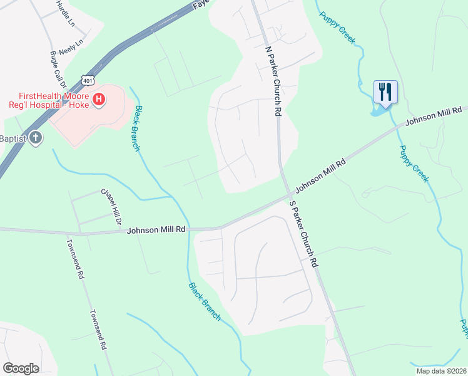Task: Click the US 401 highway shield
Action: tap(89, 80)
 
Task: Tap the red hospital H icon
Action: tap(98, 99)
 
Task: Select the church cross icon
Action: tap(36, 138)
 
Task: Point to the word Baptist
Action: tap(13, 138)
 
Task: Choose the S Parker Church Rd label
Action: tap(304, 234)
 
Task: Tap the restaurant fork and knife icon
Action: tap(384, 92)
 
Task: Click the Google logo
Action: tap(21, 368)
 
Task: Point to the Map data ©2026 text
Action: tap(442, 371)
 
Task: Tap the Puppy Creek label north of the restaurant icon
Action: tap(338, 28)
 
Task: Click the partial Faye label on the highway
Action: tap(200, 3)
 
